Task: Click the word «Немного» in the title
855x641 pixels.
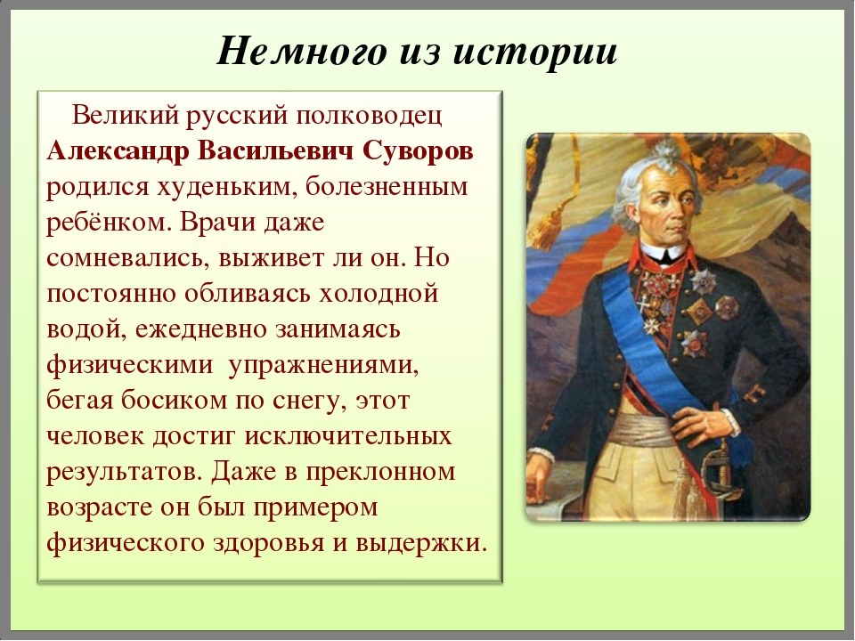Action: pyautogui.click(x=301, y=52)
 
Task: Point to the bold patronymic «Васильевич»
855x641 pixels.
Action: pyautogui.click(x=275, y=150)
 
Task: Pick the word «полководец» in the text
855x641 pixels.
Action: pyautogui.click(x=369, y=116)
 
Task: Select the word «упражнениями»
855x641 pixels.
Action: pyautogui.click(x=323, y=365)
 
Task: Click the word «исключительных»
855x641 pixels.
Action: pyautogui.click(x=348, y=436)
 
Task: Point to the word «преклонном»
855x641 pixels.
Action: pyautogui.click(x=380, y=472)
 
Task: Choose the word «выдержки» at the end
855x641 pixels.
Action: pyautogui.click(x=421, y=543)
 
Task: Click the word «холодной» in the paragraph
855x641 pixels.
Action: pyautogui.click(x=379, y=294)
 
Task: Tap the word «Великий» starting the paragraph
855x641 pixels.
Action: pyautogui.click(x=126, y=115)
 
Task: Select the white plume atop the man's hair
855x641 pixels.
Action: pyautogui.click(x=666, y=152)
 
